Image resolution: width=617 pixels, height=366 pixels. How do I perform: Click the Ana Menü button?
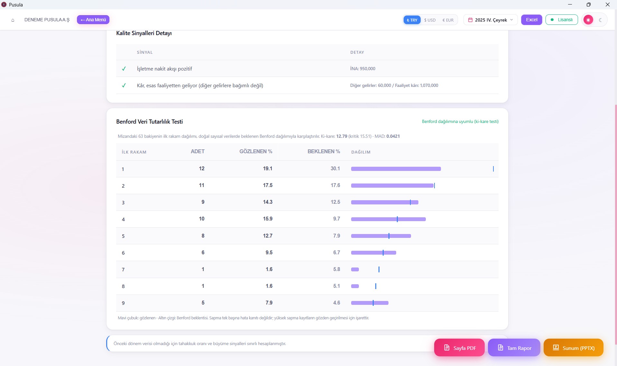point(93,20)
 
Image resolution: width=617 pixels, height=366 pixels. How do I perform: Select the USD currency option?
point(430,20)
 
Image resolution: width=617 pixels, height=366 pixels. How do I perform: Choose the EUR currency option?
point(448,20)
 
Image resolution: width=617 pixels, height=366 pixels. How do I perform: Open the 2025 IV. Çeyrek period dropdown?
point(491,20)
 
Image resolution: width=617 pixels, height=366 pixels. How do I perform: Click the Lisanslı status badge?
point(562,20)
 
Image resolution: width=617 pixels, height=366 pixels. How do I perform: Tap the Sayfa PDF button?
point(459,348)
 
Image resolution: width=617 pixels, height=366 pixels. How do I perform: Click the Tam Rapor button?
point(514,348)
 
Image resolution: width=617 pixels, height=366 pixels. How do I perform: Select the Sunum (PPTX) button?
point(573,348)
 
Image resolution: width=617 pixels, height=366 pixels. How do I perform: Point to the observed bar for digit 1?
point(396,169)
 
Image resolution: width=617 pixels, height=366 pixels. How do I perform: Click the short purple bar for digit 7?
point(355,269)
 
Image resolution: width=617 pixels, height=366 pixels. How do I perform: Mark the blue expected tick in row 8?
point(376,286)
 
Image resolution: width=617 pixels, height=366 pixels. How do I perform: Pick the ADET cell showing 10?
point(201,219)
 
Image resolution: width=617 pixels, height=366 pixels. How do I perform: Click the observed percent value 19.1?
point(267,169)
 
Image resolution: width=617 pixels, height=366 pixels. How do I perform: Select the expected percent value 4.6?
point(336,303)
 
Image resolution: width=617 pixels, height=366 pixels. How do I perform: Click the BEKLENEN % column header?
point(323,152)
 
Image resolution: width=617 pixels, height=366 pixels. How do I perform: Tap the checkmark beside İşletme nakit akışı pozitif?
point(124,69)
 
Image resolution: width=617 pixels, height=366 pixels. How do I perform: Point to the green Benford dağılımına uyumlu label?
point(460,122)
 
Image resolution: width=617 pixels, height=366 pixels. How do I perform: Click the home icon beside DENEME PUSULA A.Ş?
point(13,20)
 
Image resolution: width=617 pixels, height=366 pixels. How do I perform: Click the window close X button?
point(608,5)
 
